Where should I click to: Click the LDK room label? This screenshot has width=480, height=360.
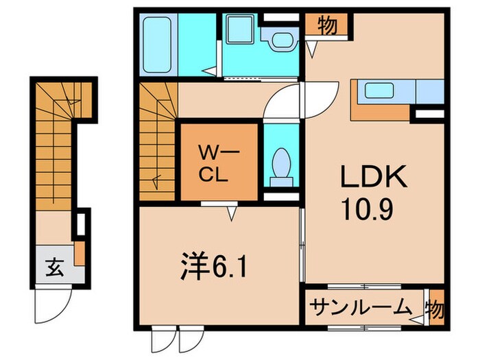[375, 180]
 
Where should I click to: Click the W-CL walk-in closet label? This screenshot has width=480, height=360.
[217, 160]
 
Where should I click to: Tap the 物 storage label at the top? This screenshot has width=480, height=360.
[327, 26]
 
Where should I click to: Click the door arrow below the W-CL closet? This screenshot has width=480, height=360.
[232, 215]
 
